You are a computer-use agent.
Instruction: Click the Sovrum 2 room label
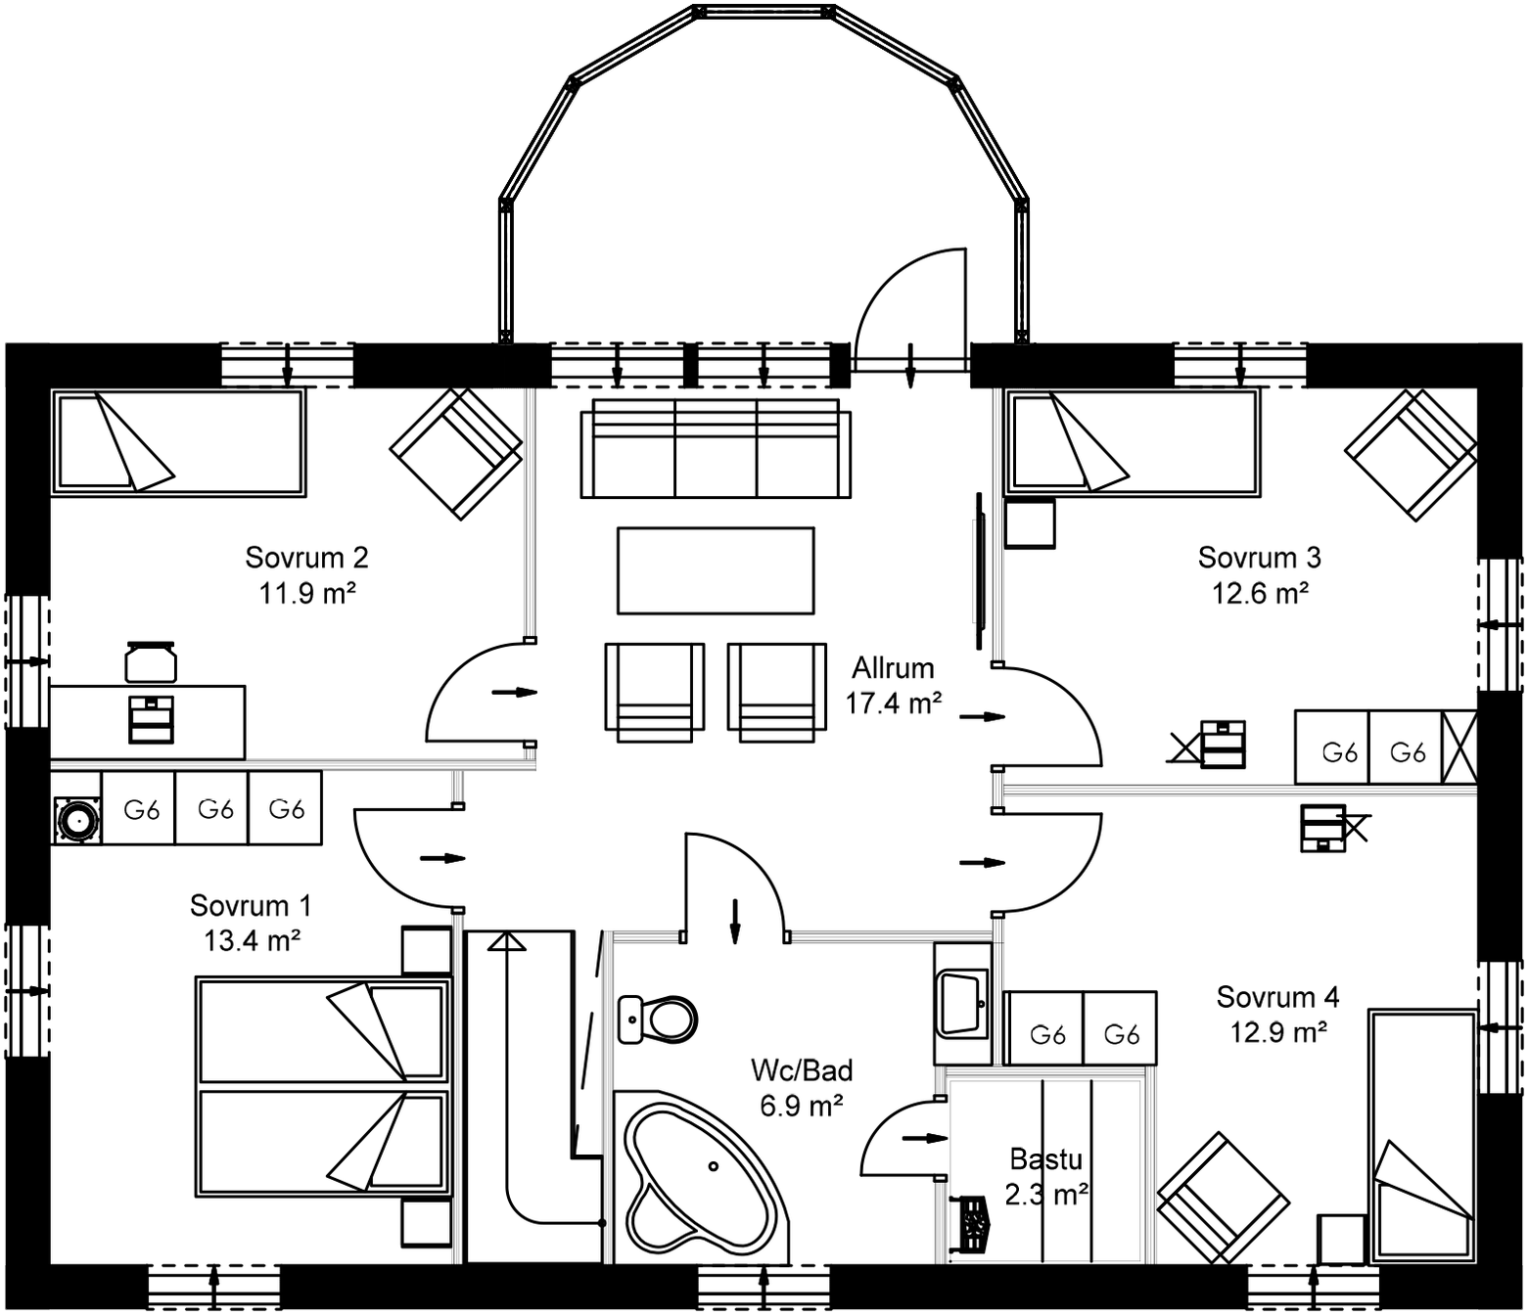[306, 558]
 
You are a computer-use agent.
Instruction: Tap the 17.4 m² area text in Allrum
[893, 703]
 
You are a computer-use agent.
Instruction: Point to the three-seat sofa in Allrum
[715, 448]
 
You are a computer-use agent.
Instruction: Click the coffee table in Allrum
[715, 570]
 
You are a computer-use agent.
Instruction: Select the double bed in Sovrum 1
[323, 1085]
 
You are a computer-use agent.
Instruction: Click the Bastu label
[1045, 1159]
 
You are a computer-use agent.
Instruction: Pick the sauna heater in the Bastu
[971, 1223]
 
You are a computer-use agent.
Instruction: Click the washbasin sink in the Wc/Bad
[962, 1003]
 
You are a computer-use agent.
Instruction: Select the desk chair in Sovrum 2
[151, 661]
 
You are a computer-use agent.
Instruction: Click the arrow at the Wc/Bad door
[734, 921]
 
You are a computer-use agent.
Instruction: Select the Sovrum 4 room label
[1276, 997]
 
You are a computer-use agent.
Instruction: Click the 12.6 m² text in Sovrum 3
[1260, 593]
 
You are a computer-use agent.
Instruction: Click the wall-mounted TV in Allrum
[977, 570]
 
